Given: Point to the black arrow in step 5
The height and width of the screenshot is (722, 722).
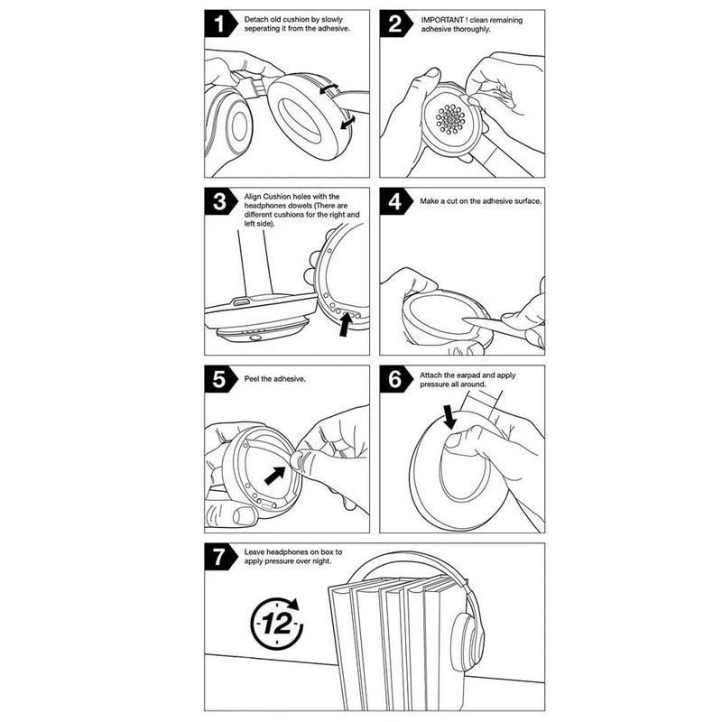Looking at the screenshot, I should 272,474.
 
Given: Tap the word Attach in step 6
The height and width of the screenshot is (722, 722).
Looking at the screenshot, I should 434,374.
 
